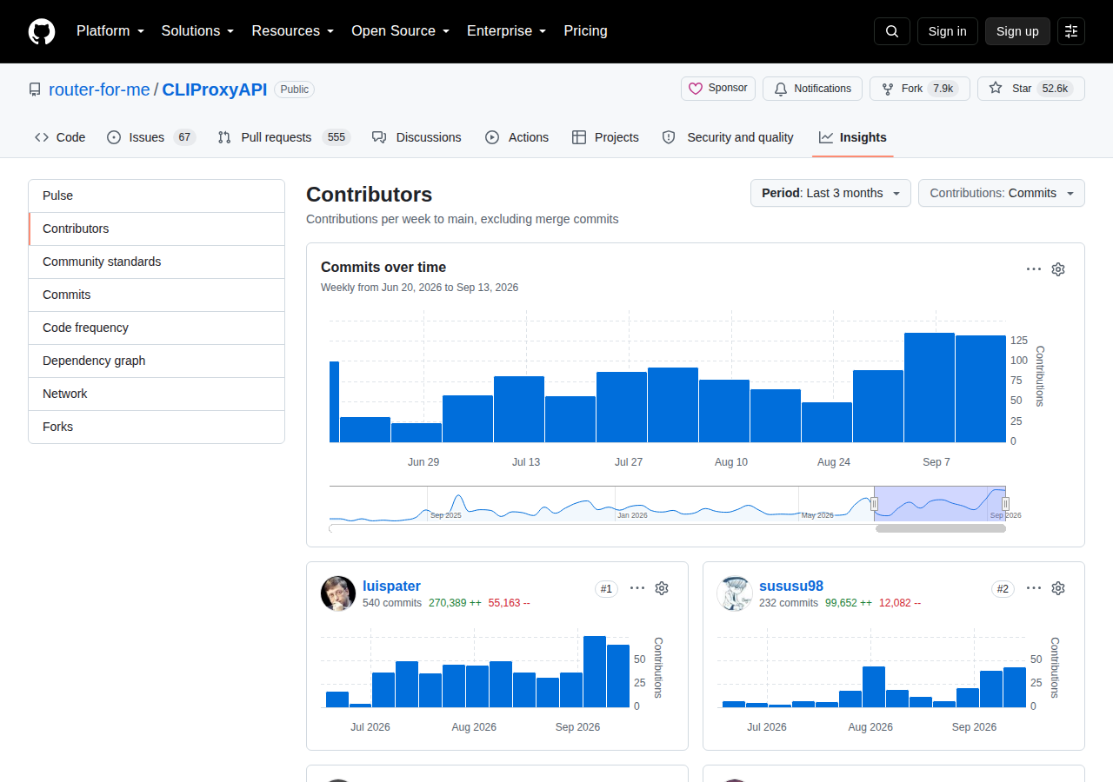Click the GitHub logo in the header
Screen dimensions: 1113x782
click(x=41, y=31)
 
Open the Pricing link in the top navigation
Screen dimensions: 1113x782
click(x=585, y=30)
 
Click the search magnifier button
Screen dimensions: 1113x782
click(x=892, y=31)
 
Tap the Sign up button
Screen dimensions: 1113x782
click(x=1017, y=31)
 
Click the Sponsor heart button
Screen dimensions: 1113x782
click(x=718, y=89)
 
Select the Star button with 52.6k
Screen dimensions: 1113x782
click(x=1031, y=89)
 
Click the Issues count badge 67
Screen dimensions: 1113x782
click(x=184, y=137)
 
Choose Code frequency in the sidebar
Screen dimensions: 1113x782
click(x=85, y=328)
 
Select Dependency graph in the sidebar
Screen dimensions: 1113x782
click(x=94, y=361)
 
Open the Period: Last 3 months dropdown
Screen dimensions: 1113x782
click(x=830, y=193)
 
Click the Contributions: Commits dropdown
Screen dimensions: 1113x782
click(x=1001, y=193)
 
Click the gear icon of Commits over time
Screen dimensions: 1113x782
click(x=1058, y=269)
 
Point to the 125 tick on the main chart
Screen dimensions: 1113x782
click(x=1018, y=340)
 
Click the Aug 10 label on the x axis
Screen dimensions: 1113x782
click(x=731, y=461)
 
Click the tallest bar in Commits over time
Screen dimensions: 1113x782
click(x=930, y=388)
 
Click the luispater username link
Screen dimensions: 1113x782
click(x=391, y=586)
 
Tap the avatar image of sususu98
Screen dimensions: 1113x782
click(x=735, y=593)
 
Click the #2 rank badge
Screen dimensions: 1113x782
click(x=1003, y=589)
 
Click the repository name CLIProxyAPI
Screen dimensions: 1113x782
click(x=215, y=89)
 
